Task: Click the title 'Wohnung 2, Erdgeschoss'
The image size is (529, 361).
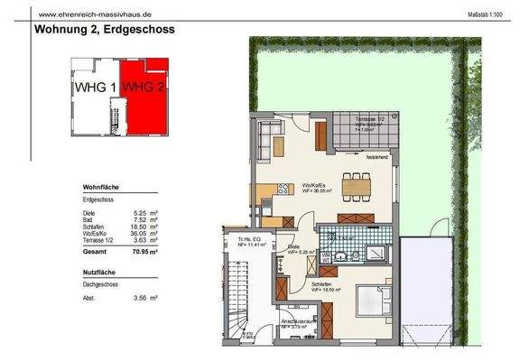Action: [x=104, y=29]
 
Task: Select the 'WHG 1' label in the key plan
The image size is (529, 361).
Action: [x=94, y=87]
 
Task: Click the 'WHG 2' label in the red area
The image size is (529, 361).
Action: [x=145, y=87]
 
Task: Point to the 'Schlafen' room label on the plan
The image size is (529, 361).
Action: [x=321, y=284]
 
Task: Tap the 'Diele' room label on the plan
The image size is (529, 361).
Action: [x=293, y=246]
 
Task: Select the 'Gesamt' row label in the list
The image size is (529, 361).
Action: [x=93, y=254]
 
